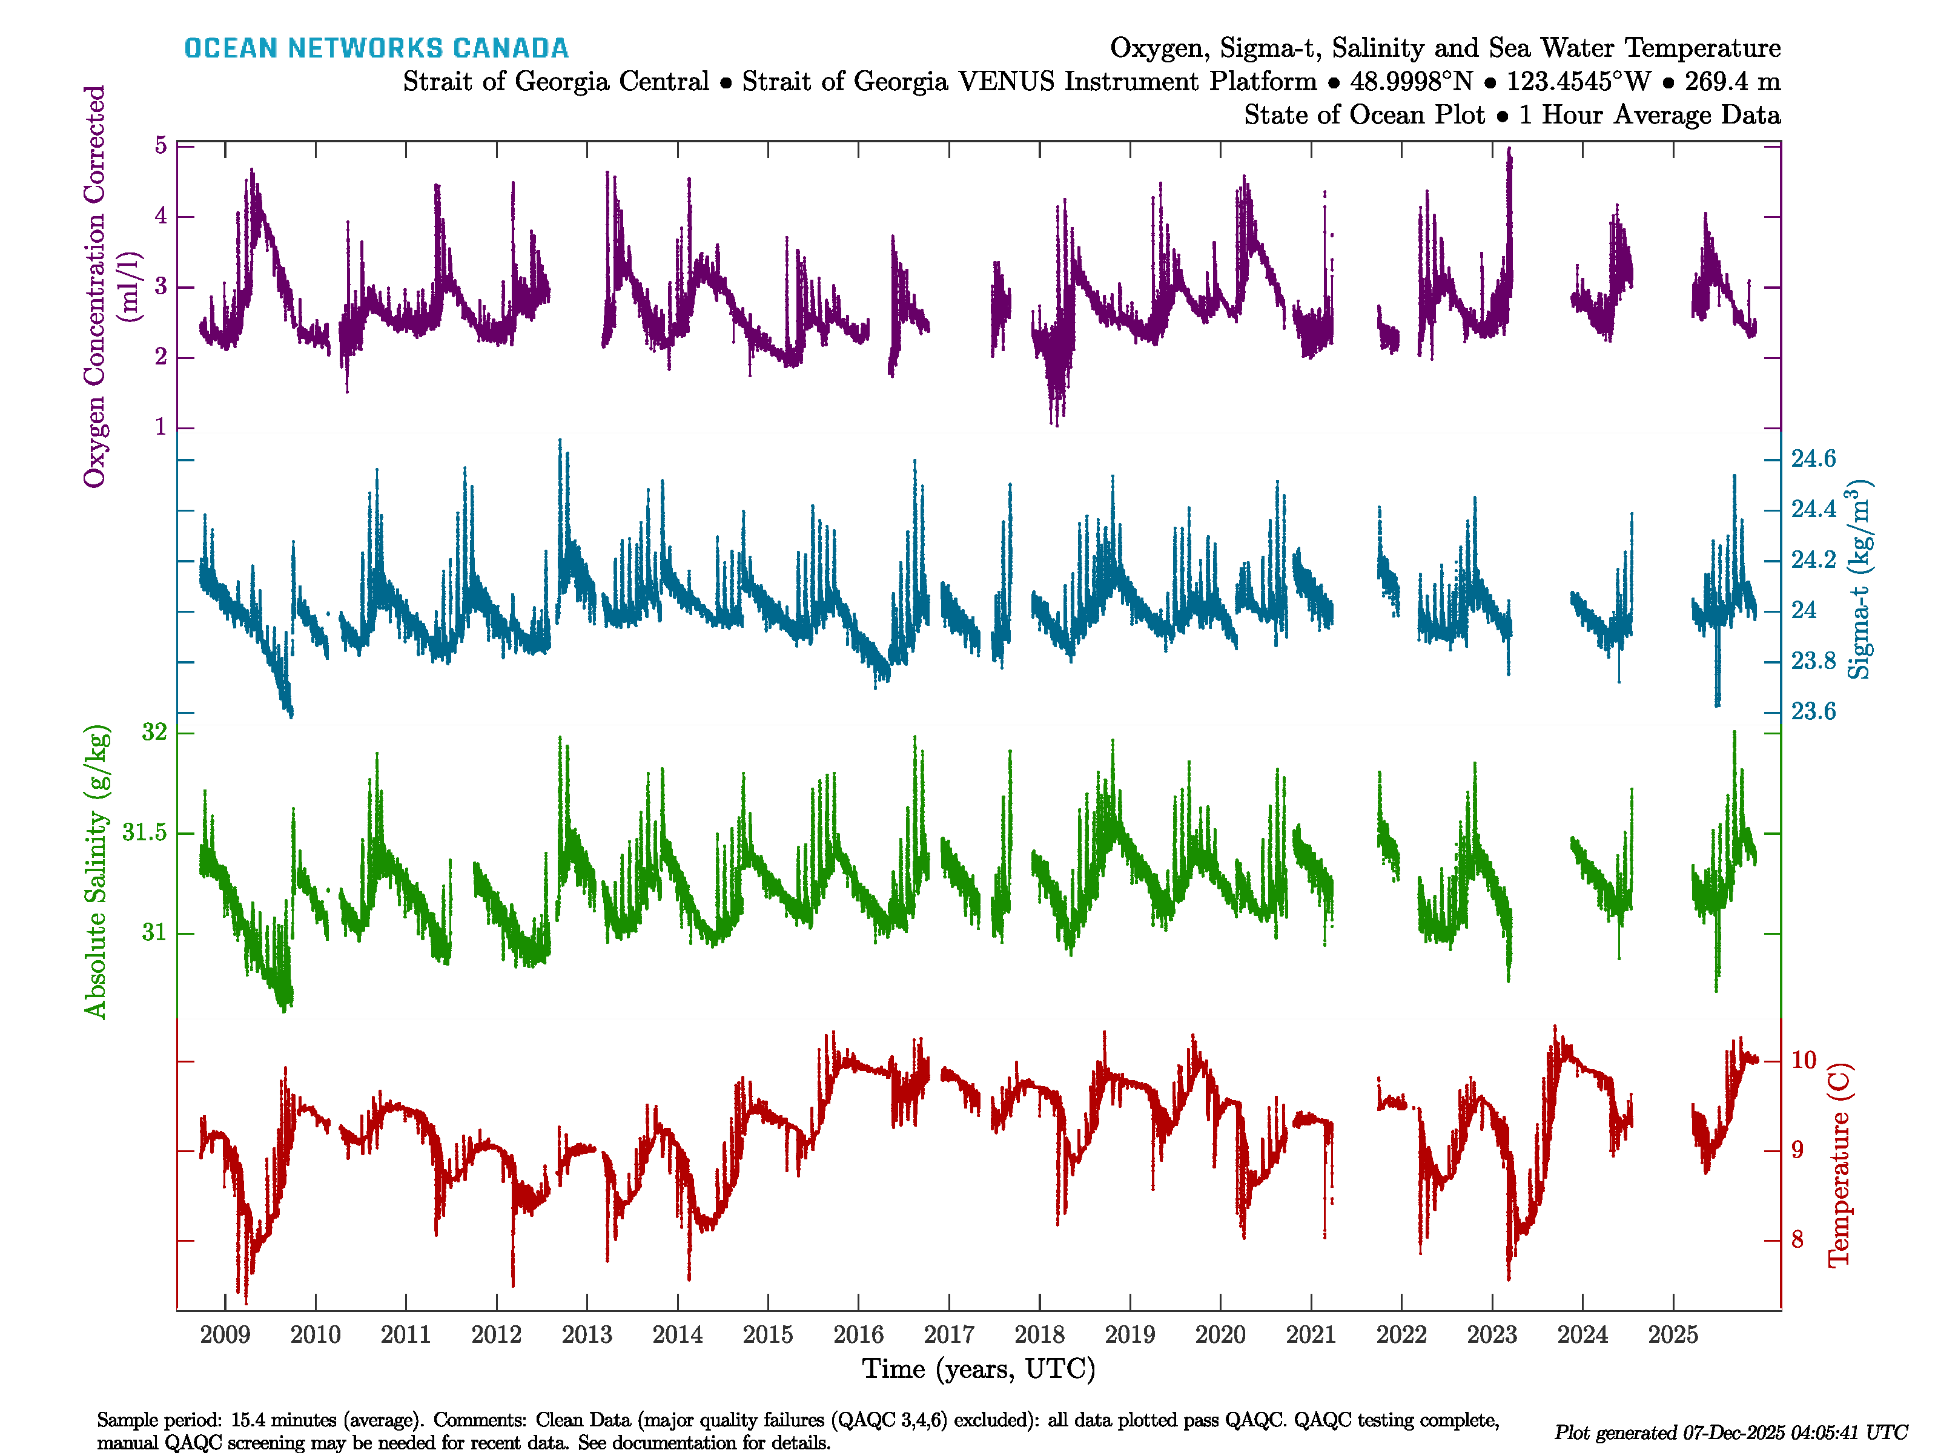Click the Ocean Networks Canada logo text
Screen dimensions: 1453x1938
376,48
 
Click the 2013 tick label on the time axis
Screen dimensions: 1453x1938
586,1335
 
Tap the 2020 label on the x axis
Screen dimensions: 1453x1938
1220,1335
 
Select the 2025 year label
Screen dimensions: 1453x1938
1673,1335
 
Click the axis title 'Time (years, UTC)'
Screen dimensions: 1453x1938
979,1369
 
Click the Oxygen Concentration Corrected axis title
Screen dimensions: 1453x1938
94,286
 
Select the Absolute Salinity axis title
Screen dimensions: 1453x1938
96,871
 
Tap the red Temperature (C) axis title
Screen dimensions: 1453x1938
1838,1165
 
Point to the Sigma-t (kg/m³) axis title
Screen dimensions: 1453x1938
1859,580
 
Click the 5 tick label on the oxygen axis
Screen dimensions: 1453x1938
160,145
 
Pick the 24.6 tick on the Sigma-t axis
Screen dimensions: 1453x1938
1813,459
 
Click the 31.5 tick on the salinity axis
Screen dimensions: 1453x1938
145,832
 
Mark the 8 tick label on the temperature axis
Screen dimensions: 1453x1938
1797,1240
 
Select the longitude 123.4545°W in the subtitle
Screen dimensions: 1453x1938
1578,82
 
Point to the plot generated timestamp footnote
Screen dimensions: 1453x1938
1730,1433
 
